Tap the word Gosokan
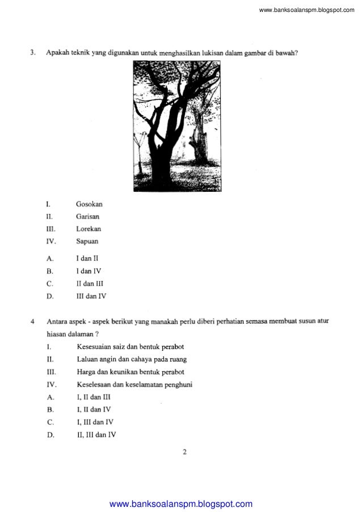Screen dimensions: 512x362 point(89,204)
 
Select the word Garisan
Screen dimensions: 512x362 point(89,216)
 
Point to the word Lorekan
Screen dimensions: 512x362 point(89,229)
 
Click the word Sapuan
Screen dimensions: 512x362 point(87,241)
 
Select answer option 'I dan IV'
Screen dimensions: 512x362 point(89,271)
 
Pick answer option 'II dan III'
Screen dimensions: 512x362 point(90,283)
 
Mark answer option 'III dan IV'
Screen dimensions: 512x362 point(91,296)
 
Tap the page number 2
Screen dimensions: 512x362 point(185,452)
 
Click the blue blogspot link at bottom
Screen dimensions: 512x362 point(180,503)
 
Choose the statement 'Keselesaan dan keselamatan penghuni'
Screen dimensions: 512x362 point(134,385)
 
